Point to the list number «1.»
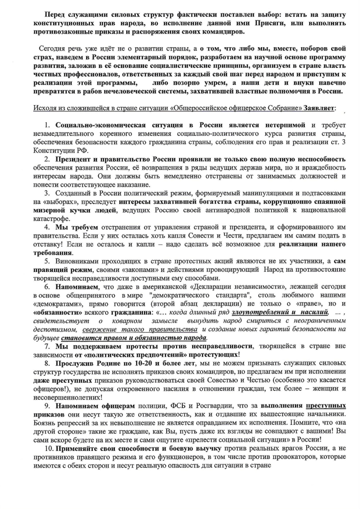(48, 125)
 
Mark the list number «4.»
(48, 227)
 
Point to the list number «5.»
(48, 261)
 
